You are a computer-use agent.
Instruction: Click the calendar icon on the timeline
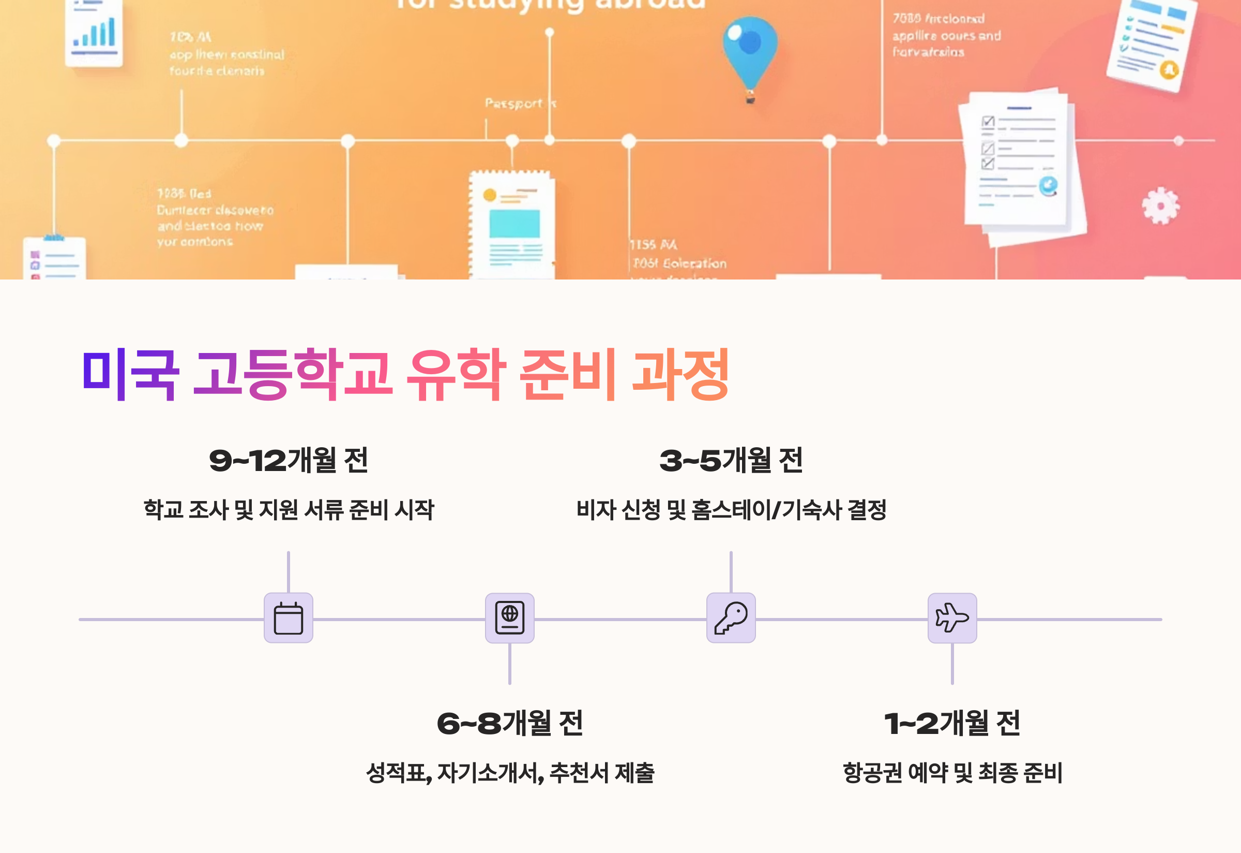[289, 618]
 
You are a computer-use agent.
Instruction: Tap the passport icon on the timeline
[509, 618]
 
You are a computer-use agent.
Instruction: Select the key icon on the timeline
[731, 618]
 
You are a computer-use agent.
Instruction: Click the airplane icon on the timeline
[952, 618]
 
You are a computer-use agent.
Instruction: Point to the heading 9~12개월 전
[289, 460]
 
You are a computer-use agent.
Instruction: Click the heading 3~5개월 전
[731, 460]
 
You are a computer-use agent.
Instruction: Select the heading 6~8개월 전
[509, 723]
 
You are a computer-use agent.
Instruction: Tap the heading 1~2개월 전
[952, 723]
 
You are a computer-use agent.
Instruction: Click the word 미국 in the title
[130, 374]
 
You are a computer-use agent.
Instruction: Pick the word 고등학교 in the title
[293, 374]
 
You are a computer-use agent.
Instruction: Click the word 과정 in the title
[680, 374]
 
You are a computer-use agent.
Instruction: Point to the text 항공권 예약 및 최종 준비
[952, 773]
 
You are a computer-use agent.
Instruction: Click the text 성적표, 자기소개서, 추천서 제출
[509, 773]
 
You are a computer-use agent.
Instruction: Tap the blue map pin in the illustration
[750, 51]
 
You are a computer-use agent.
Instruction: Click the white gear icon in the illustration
[1160, 206]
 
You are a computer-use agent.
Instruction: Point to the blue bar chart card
[95, 33]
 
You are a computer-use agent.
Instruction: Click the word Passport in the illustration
[513, 103]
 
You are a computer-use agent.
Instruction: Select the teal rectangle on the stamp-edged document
[514, 224]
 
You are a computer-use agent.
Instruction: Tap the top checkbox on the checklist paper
[988, 122]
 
